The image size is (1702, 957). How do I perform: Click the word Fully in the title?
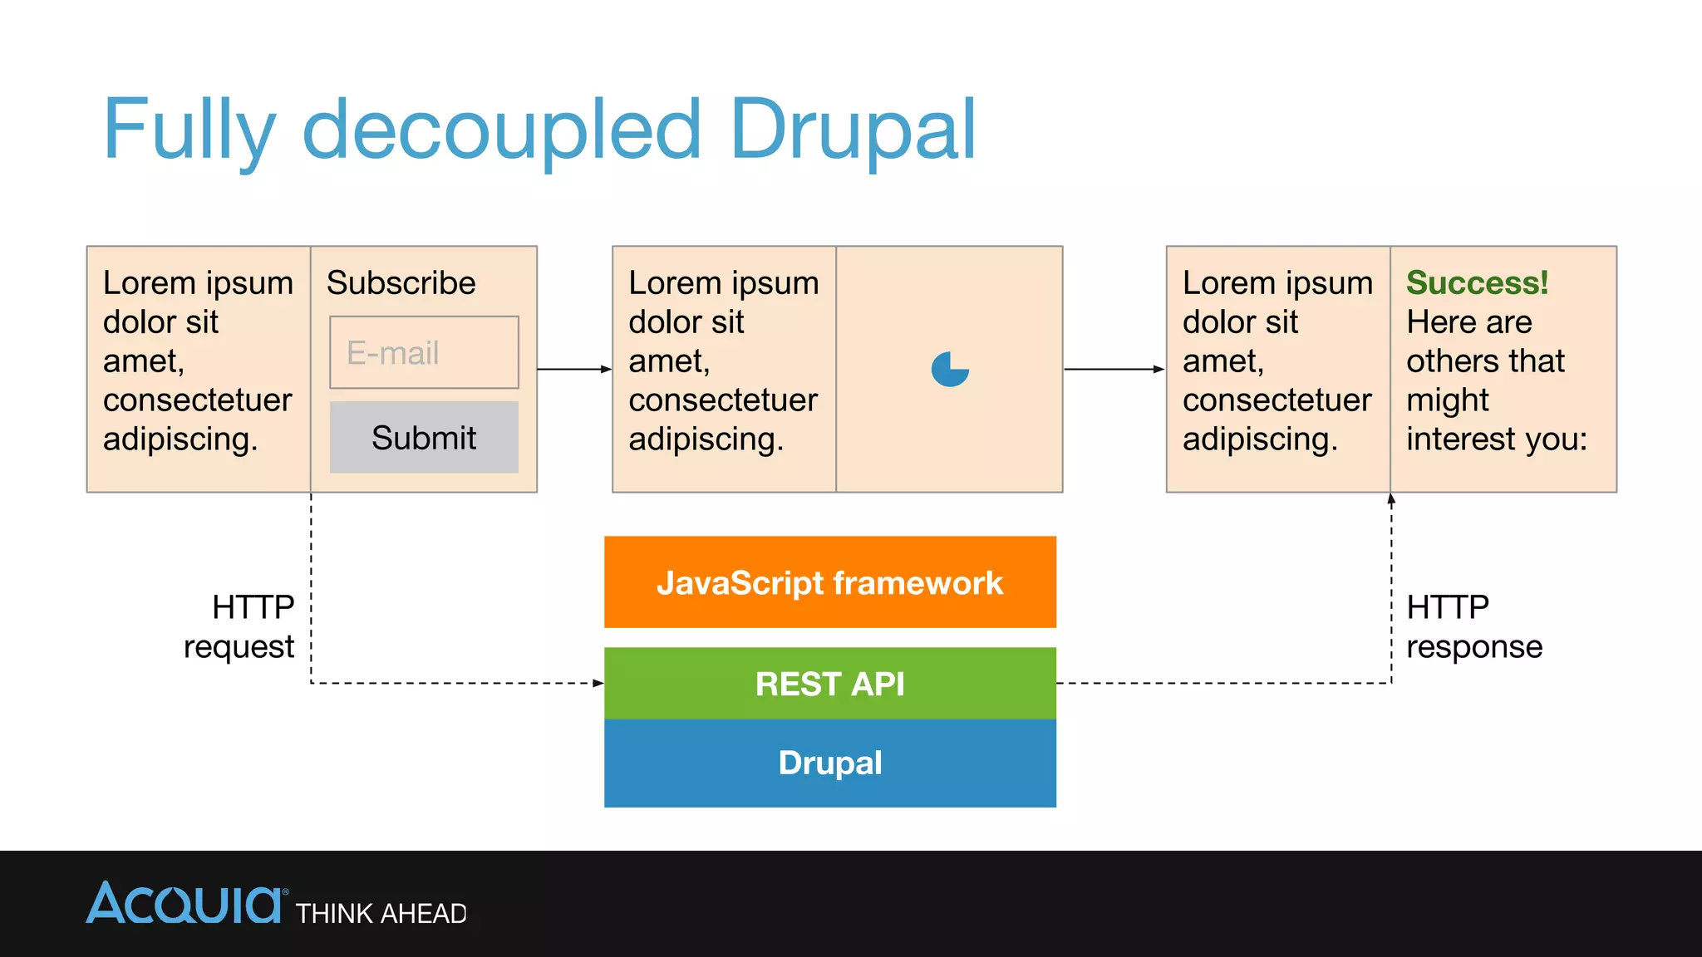[x=189, y=131]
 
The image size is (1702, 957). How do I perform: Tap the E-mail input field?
[x=424, y=352]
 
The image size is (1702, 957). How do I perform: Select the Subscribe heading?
[x=401, y=283]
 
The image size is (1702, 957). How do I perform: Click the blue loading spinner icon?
[x=950, y=370]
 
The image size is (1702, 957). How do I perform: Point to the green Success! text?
[x=1477, y=283]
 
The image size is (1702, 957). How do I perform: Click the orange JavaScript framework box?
[x=829, y=582]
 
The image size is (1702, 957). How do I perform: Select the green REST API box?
[x=829, y=683]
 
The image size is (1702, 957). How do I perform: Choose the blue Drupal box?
[x=829, y=763]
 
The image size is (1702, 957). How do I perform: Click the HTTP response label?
[x=1473, y=627]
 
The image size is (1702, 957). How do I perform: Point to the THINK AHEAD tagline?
[x=381, y=914]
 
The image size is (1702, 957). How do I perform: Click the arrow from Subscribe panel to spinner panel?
[x=574, y=369]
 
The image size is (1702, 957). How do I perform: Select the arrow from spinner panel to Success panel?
[x=1114, y=369]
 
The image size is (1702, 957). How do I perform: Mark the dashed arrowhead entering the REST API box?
[x=598, y=683]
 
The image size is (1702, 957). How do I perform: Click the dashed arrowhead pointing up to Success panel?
[x=1391, y=500]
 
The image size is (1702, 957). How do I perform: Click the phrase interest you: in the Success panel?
[x=1496, y=439]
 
